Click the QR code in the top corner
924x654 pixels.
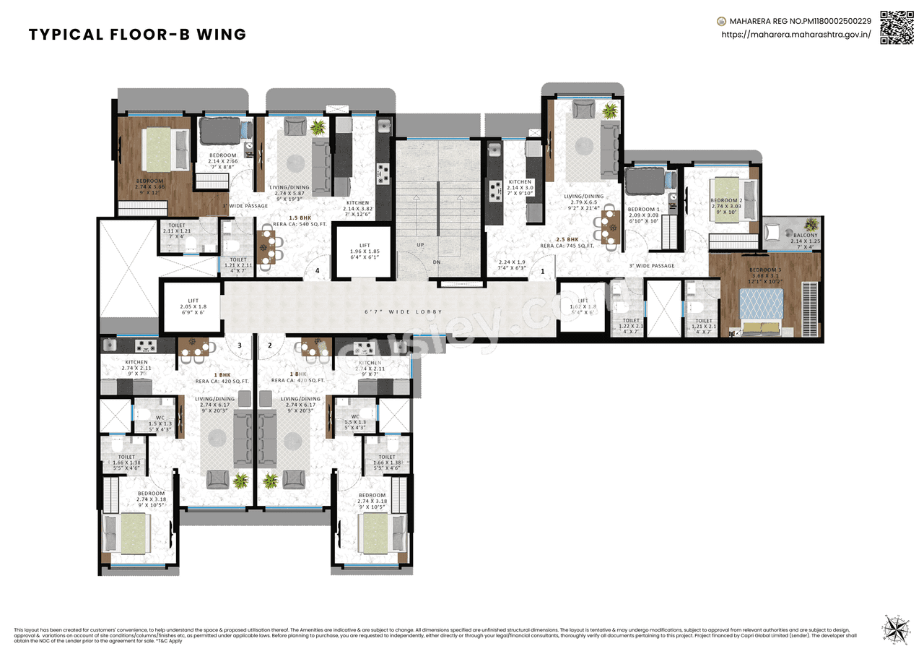point(897,27)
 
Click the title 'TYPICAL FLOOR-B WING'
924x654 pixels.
point(137,35)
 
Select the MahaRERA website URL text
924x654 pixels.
point(796,34)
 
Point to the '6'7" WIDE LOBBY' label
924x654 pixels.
point(404,312)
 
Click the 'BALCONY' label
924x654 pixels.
point(805,236)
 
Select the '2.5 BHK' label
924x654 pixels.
point(567,239)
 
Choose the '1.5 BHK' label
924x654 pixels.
point(300,218)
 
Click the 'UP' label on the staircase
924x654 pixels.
point(420,245)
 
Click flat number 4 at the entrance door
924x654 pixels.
point(316,271)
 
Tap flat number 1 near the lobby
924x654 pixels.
point(542,272)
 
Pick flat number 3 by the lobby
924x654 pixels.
point(240,345)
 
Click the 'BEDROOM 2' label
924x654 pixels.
point(726,200)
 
